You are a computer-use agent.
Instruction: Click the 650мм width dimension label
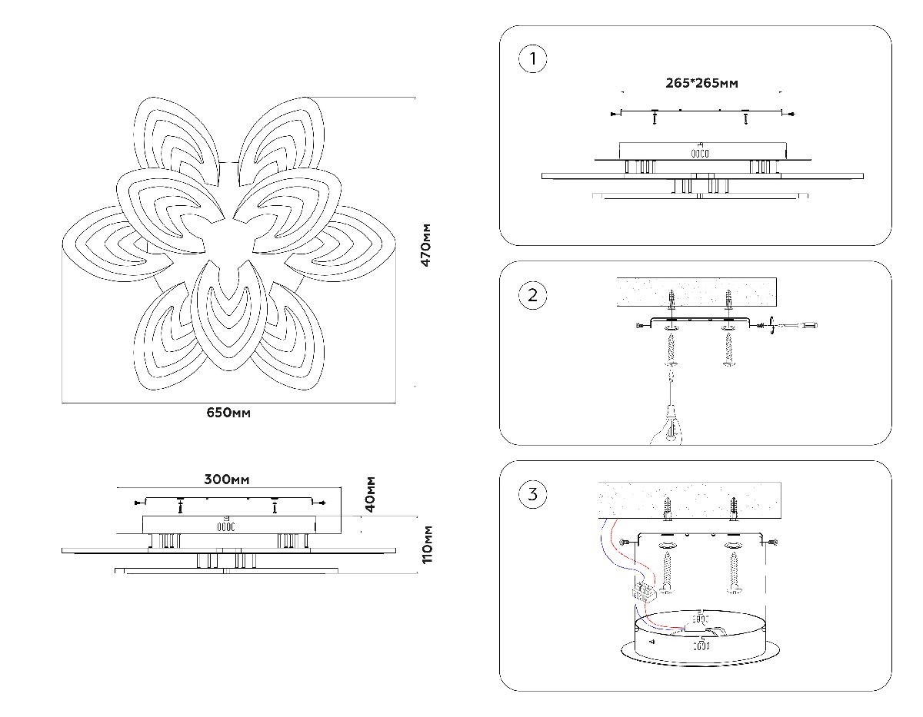point(228,413)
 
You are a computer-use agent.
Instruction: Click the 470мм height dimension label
point(425,245)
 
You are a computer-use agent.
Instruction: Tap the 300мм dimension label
point(227,480)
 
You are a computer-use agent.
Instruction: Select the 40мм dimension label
point(371,494)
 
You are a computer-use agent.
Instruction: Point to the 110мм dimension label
point(427,545)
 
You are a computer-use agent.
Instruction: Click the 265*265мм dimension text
point(701,83)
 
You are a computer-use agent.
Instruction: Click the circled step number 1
point(532,58)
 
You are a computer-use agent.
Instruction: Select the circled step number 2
point(532,295)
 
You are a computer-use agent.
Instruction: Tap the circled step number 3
point(532,494)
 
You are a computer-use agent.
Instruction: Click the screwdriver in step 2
point(793,326)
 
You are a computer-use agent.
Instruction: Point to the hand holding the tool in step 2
point(666,427)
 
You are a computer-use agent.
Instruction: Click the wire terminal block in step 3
point(645,591)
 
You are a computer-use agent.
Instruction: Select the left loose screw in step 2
point(671,349)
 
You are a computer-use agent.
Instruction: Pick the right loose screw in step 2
point(729,349)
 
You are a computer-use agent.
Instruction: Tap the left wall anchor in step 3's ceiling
point(667,509)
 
